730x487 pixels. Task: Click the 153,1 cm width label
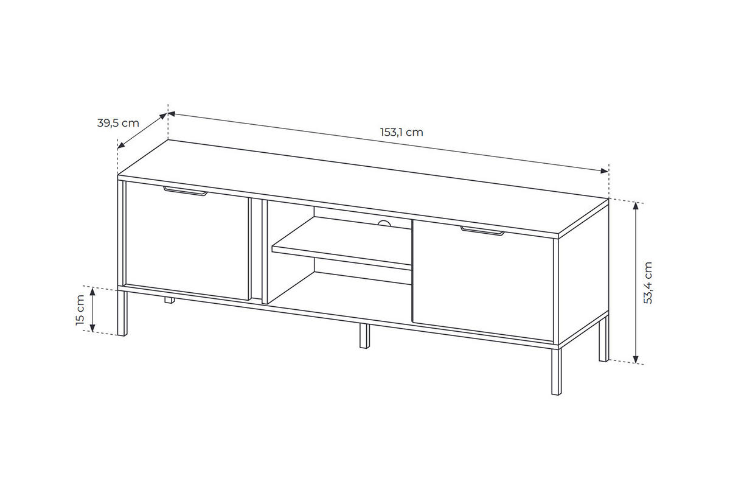[x=401, y=132]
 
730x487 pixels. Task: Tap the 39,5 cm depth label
[x=118, y=123]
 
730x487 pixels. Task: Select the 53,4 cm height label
[x=648, y=283]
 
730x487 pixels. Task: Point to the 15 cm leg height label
[x=80, y=310]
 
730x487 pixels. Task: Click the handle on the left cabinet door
[x=186, y=191]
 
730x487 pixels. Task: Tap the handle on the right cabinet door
[x=482, y=231]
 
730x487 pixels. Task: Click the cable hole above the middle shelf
[x=384, y=223]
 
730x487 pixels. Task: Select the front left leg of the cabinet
[x=122, y=312]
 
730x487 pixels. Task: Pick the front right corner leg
[x=556, y=371]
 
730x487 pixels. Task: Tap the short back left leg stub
[x=170, y=300]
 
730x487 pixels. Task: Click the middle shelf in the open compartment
[x=342, y=243]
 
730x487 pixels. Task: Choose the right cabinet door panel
[x=482, y=281]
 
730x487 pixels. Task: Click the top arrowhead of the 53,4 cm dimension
[x=636, y=206]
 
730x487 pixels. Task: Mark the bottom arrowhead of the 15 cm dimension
[x=92, y=328]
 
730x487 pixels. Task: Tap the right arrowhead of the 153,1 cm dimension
[x=605, y=170]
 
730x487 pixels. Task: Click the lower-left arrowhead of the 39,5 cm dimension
[x=121, y=145]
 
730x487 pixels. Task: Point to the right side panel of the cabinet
[x=583, y=275]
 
